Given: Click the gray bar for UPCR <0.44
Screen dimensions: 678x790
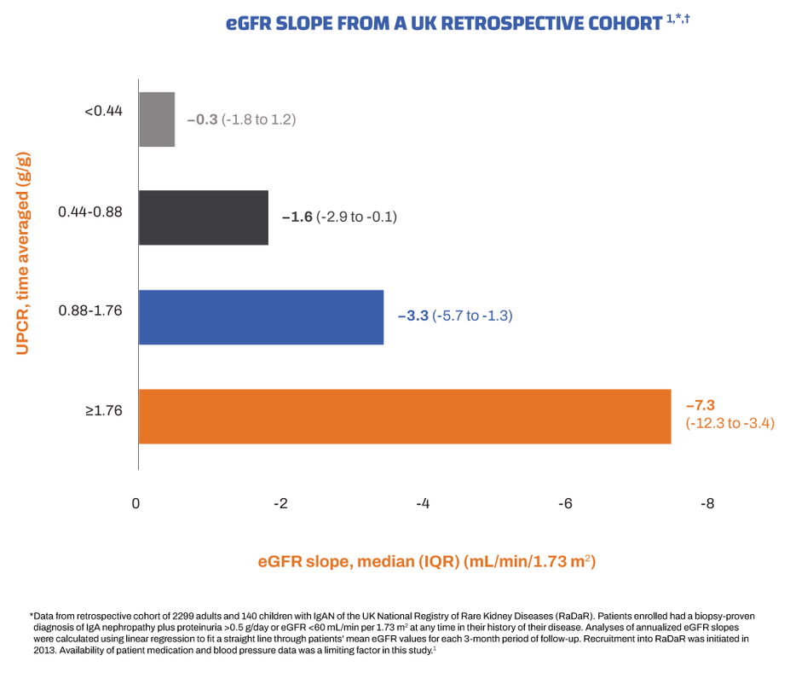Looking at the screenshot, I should point(157,119).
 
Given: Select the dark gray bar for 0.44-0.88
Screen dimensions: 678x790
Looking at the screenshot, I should point(204,217).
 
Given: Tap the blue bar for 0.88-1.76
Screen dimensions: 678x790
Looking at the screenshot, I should point(261,316).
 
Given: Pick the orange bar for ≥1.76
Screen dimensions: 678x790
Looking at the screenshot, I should point(404,416).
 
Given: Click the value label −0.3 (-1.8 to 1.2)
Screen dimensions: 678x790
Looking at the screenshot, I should point(241,119).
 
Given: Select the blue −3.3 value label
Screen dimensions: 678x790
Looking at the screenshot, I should point(414,316).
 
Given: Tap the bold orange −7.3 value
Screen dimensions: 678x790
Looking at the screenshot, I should point(700,405).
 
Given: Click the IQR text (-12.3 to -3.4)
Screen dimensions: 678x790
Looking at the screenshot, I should point(729,423).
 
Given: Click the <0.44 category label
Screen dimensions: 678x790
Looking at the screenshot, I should point(103,111).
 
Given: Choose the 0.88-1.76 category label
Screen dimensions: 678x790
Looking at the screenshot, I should point(90,310).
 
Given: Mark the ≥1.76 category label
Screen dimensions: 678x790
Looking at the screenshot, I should point(103,410).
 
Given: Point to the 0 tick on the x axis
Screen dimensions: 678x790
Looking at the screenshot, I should point(136,503).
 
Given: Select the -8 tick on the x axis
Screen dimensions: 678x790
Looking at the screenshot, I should point(706,503).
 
